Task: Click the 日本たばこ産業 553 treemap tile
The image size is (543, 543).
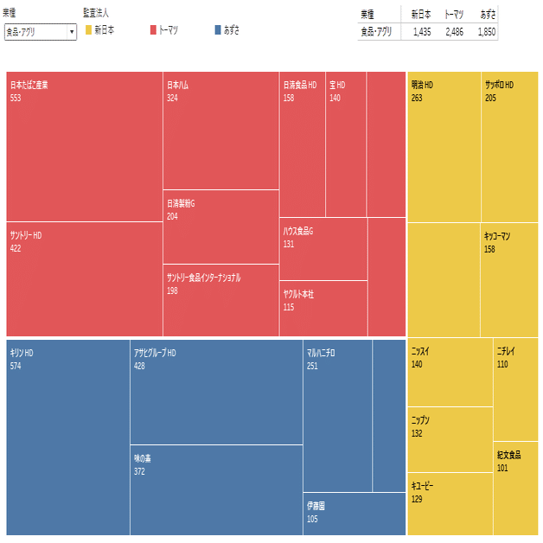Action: pos(84,146)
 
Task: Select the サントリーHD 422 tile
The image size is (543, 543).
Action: pos(84,278)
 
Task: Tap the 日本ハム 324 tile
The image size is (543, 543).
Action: pos(220,131)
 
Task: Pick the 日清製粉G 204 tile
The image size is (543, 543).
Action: pos(220,227)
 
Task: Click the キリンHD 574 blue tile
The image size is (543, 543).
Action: pos(67,437)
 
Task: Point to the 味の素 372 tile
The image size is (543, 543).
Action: pos(216,489)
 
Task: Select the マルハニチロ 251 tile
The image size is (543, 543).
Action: pos(337,416)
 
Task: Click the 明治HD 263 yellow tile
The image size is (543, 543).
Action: pos(444,147)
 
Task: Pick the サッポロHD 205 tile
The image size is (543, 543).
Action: pos(509,147)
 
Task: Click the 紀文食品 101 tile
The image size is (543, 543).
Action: pos(515,488)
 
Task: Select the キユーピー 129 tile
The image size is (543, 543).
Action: pos(450,503)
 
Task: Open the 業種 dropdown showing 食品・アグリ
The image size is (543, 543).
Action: pos(41,31)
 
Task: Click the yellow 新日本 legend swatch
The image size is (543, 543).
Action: pos(88,30)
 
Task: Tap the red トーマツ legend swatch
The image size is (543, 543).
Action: pos(153,30)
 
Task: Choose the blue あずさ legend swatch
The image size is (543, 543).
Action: pos(217,30)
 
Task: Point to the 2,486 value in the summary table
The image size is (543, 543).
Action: pos(454,31)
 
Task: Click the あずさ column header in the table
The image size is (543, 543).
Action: pos(487,14)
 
